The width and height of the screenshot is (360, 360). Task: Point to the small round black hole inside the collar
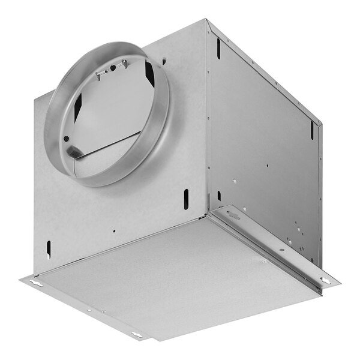pos(67,139)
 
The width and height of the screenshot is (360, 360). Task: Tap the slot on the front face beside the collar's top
pos(163,61)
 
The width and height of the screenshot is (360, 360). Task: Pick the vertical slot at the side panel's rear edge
pos(311,129)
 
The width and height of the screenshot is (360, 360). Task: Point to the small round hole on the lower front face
pos(113,229)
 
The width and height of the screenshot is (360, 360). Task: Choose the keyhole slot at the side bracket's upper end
pos(233,214)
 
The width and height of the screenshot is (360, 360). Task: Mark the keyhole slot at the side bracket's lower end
pos(325,280)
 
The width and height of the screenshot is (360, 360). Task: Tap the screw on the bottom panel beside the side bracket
pos(263,261)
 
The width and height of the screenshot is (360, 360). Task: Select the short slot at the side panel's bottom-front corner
pos(219,196)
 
